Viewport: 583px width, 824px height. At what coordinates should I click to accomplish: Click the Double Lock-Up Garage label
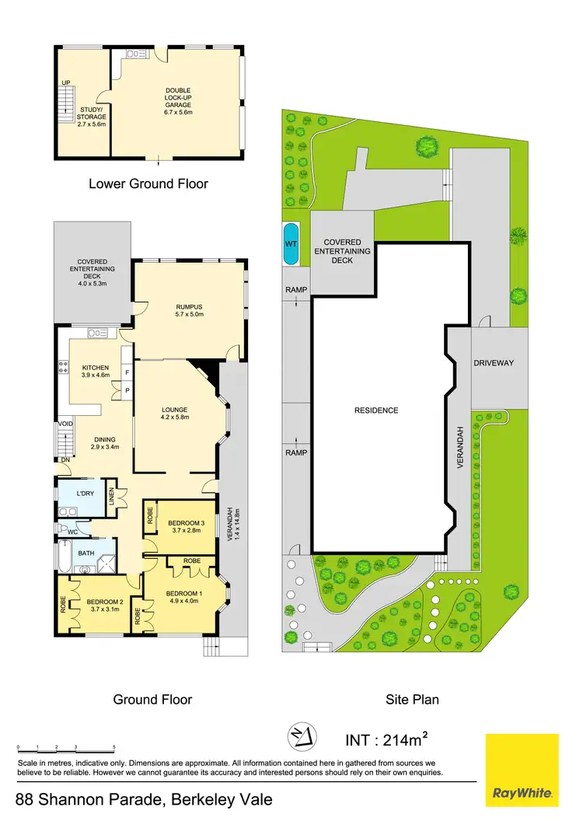coord(178,97)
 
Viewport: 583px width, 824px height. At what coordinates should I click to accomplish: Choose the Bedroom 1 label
coord(183,598)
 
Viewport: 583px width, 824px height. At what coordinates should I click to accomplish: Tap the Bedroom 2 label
coord(106,605)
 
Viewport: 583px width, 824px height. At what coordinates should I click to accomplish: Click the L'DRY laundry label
coord(86,494)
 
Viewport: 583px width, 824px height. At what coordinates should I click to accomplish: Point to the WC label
coord(72,532)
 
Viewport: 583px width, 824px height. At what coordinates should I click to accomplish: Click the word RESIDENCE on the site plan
coord(375,410)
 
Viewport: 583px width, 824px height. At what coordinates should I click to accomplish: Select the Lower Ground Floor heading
coord(148,184)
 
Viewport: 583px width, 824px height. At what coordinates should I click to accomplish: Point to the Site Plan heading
coord(412,699)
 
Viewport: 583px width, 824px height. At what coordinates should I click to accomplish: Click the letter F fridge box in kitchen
coord(125,372)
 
